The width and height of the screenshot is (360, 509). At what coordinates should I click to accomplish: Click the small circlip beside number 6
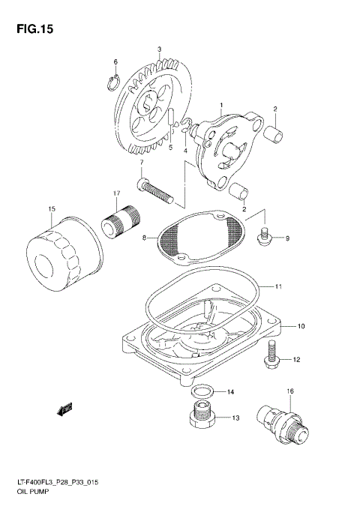pos(115,81)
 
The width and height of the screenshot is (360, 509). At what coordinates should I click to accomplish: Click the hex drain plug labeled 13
pos(200,418)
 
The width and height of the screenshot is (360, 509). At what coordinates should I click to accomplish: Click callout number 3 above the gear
pos(159,49)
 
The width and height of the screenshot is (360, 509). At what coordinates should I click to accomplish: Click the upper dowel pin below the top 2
pos(275,135)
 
